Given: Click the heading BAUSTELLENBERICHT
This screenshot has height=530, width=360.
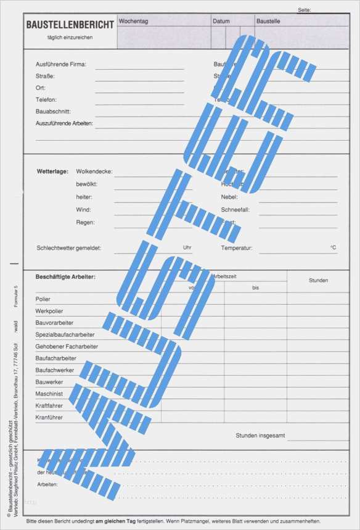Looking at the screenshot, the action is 70,25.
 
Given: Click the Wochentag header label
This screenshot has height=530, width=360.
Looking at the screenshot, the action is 133,21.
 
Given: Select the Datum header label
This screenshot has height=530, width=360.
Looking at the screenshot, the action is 221,21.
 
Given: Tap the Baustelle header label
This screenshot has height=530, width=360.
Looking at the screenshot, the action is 268,21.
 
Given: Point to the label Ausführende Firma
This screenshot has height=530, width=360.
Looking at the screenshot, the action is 61,64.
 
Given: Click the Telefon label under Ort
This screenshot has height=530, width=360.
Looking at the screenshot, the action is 46,99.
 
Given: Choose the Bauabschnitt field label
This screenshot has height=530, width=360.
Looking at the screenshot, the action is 53,112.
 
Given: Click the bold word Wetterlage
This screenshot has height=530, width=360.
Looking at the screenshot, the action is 52,171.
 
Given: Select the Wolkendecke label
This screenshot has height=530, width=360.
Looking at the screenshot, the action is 94,171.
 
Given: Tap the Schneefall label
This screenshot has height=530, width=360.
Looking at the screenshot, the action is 235,210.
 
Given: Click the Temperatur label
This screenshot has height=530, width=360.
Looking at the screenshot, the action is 237,247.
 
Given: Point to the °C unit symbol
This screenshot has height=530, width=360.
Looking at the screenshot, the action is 333,247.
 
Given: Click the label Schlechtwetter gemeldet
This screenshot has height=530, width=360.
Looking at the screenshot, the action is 68,247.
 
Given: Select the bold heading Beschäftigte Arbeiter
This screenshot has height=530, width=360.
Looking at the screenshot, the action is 65,277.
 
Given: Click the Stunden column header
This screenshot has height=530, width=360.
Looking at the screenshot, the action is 318,280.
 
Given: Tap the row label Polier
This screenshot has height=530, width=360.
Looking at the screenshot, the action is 43,299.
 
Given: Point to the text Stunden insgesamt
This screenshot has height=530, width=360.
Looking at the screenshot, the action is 260,436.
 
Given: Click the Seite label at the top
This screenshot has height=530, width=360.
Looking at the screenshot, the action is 304,10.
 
